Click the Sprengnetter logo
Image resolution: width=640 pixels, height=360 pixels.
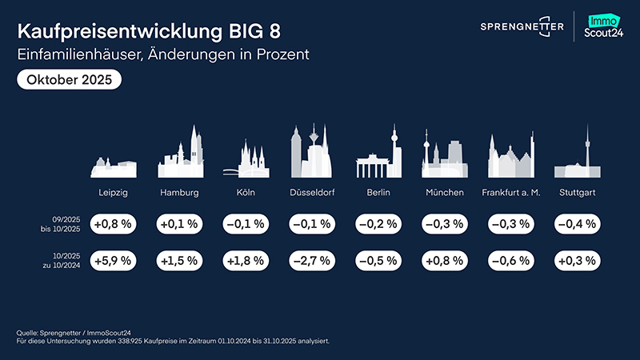(522, 26)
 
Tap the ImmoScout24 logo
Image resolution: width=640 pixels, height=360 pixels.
(606, 26)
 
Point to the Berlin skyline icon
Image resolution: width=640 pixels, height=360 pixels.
(378, 155)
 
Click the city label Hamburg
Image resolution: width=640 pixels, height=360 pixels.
(179, 194)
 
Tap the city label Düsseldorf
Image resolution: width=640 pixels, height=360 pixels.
(311, 194)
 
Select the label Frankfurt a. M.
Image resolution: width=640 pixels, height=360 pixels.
(511, 194)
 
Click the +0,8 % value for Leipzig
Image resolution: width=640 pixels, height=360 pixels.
(113, 224)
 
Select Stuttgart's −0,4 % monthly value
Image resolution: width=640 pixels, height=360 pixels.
(574, 224)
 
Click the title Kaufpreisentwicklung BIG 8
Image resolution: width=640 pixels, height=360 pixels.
(149, 33)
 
